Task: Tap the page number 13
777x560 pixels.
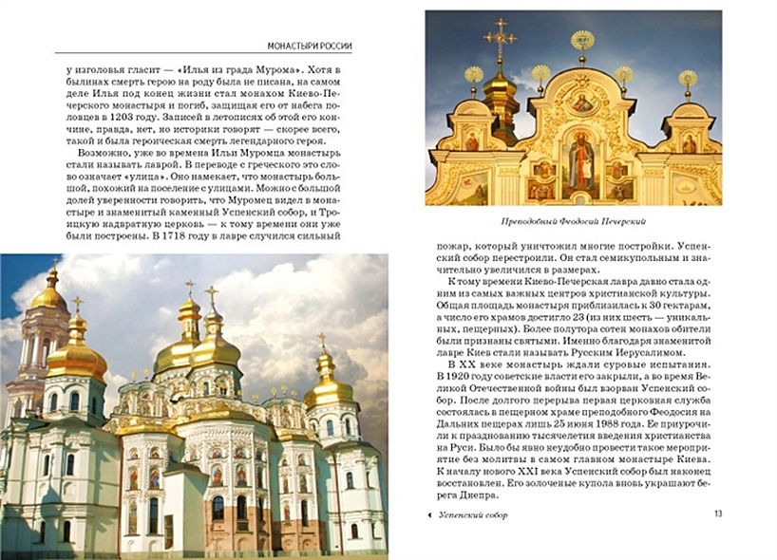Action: tap(717, 514)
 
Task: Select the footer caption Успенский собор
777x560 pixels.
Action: tap(472, 515)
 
